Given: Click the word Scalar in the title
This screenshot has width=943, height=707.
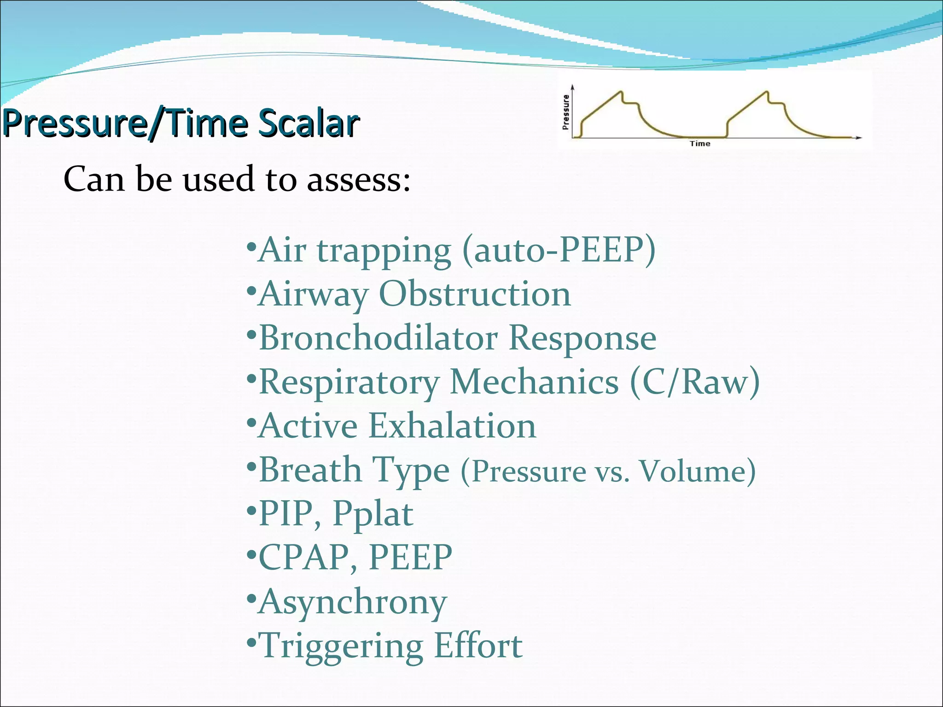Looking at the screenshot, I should coord(308,123).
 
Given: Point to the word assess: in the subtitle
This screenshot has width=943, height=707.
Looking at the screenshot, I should coord(359,180).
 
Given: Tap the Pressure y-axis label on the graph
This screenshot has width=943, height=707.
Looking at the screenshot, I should coord(566,112).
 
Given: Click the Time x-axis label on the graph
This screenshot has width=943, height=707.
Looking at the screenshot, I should coord(700,144).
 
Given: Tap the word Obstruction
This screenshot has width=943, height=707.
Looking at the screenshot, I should coord(475,294).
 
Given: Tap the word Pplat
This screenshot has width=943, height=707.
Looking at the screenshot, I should coord(373,514).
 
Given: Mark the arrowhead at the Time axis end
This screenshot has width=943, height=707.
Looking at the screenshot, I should coord(859,138).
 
